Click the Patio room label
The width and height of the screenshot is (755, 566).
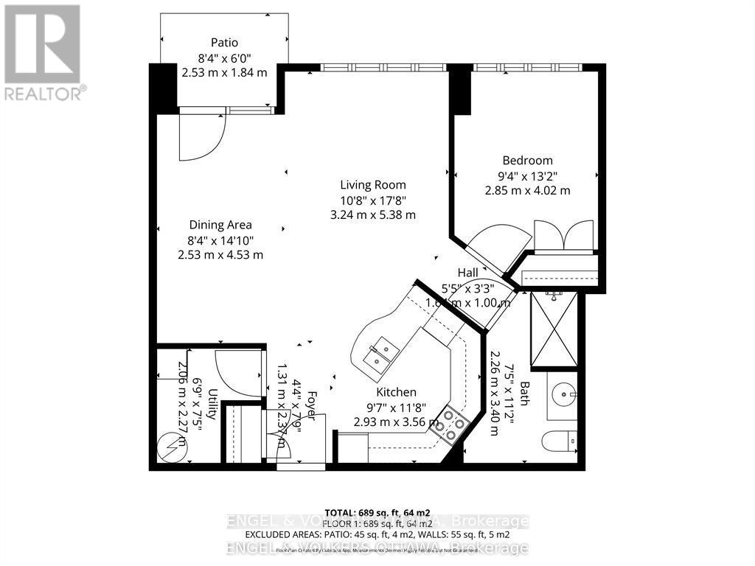[224, 43]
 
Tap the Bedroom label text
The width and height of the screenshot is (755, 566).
[527, 161]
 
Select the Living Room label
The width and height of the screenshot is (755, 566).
[372, 185]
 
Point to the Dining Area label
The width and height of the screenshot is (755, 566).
[220, 225]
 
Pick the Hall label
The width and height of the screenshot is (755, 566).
[467, 273]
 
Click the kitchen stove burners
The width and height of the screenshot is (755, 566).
[450, 424]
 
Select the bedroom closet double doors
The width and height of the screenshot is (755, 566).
[563, 235]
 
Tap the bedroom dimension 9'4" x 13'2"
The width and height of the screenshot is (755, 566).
[527, 175]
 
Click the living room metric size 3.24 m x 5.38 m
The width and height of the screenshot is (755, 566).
[372, 214]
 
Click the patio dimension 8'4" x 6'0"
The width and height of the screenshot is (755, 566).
[224, 57]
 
